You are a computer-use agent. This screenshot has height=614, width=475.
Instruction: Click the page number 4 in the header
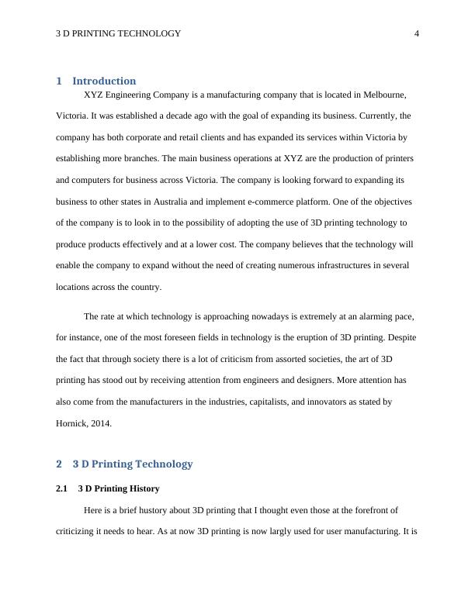[x=417, y=33]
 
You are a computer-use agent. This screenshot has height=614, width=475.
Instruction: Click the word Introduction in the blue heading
[x=104, y=81]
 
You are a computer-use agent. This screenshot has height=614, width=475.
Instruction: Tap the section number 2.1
[x=62, y=489]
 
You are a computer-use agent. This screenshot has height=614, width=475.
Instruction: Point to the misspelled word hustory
[x=155, y=510]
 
